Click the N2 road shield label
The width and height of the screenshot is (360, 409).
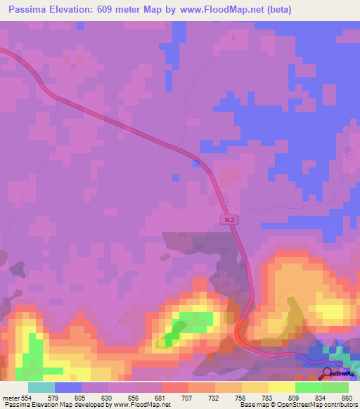(229, 219)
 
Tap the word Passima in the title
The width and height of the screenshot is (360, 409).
(31, 10)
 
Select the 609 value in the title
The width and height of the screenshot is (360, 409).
(118, 10)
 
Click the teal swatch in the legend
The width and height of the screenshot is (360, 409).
(41, 387)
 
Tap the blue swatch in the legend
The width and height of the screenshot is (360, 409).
(68, 387)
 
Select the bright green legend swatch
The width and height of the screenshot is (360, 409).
(309, 387)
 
